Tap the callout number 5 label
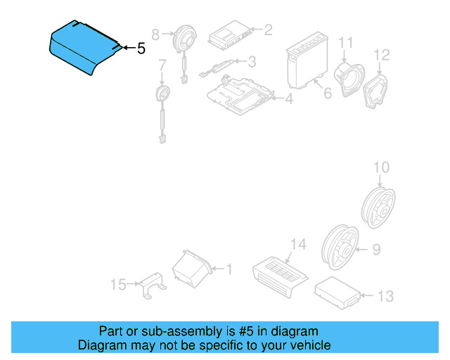point(141,49)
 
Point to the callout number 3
point(251,62)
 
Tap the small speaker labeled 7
point(163,94)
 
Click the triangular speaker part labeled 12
point(378,89)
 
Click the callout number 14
point(298,244)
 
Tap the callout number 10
point(380,167)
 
